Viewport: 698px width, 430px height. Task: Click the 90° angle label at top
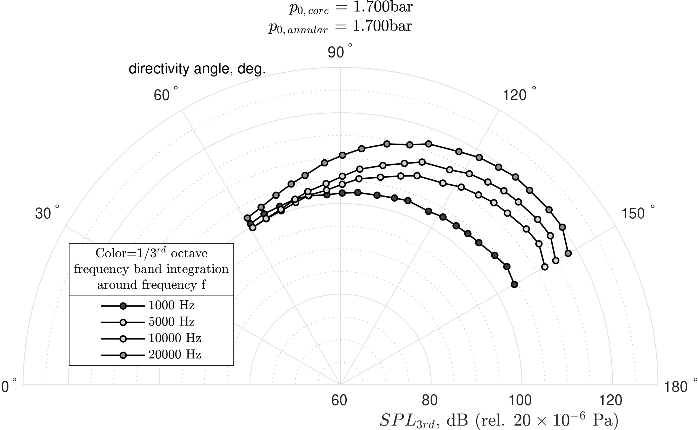[x=339, y=52]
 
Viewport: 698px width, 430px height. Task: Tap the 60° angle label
[x=165, y=95]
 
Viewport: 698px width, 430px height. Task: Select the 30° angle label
[x=47, y=213]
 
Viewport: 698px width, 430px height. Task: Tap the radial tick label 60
[x=339, y=400]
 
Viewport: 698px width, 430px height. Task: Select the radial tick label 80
[x=430, y=400]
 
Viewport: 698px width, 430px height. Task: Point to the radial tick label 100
[x=521, y=400]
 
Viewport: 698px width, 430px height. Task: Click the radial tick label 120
[x=612, y=400]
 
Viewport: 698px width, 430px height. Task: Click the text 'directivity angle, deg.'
[x=197, y=69]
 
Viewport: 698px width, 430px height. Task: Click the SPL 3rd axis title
[x=498, y=420]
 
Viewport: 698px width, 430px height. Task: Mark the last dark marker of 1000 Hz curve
[x=514, y=284]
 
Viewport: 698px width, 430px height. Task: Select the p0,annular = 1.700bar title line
[x=340, y=27]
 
